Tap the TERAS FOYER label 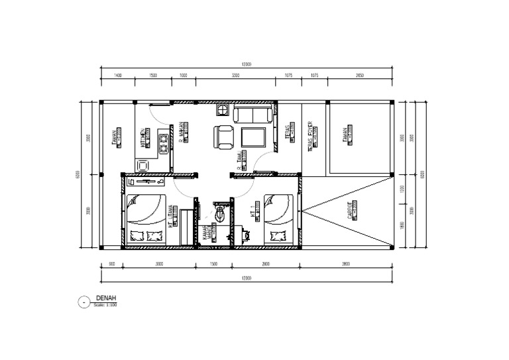pos(310,135)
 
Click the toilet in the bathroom pos(220,213)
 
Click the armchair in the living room pos(223,137)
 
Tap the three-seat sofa pos(251,115)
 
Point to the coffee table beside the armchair pos(253,137)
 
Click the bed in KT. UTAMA pos(144,219)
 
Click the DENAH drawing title pos(106,299)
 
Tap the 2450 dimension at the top pos(360,76)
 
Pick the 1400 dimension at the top pos(118,76)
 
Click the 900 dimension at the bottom pos(111,264)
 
